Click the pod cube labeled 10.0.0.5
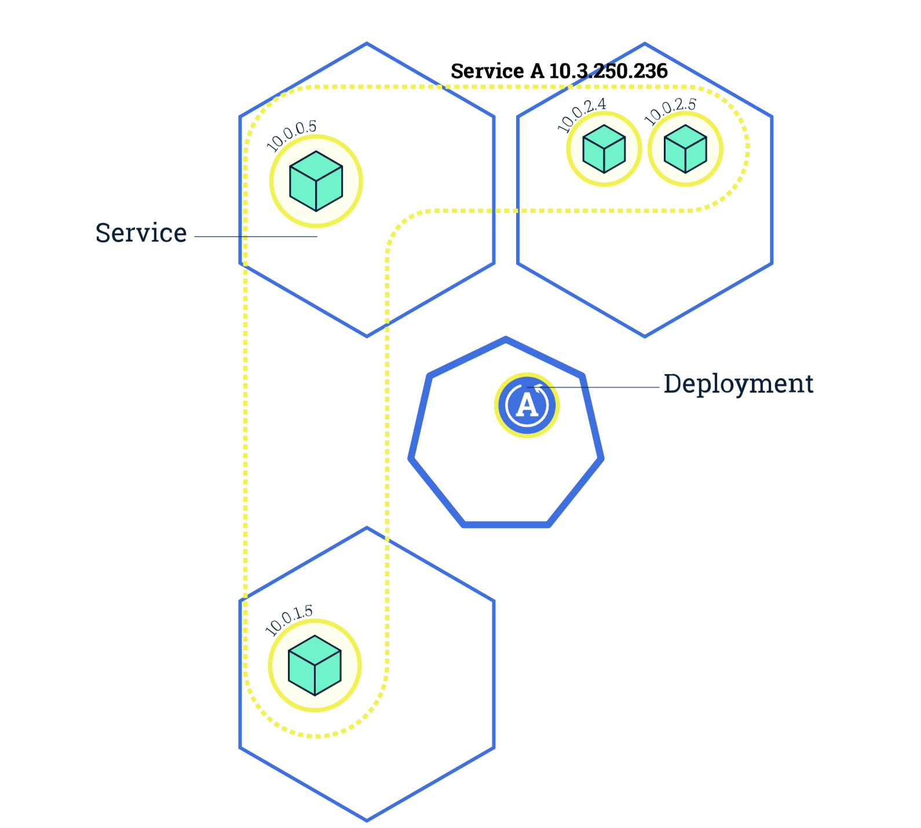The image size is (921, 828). [x=316, y=181]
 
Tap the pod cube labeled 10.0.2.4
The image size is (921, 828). [x=604, y=149]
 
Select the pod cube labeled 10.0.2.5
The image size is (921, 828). [x=685, y=149]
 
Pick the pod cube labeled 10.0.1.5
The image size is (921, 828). [x=315, y=665]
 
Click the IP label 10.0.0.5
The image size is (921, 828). [x=291, y=135]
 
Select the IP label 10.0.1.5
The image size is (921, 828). [x=288, y=620]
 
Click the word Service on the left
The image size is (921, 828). [x=141, y=233]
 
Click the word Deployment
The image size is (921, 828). [x=738, y=384]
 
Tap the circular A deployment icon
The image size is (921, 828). [x=527, y=405]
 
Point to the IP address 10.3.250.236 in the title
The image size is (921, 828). [x=608, y=71]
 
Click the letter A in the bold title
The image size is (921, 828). [x=536, y=71]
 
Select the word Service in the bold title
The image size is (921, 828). [x=487, y=71]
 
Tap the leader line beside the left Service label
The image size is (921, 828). [x=255, y=236]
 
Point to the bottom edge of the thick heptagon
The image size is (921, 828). [x=506, y=525]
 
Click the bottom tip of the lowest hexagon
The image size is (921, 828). [x=367, y=820]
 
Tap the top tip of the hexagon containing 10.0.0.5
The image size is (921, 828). [x=367, y=43]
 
